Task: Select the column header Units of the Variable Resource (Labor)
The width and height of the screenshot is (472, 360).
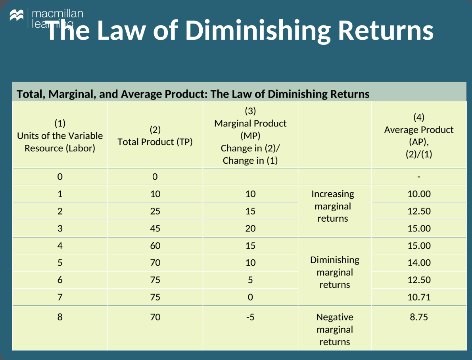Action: tap(60, 136)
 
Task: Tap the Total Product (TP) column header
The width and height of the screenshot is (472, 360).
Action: tap(155, 142)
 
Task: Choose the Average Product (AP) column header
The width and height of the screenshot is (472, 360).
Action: tap(419, 136)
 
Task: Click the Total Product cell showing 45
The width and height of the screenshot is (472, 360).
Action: tap(155, 228)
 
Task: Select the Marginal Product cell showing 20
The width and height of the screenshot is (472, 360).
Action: tap(250, 228)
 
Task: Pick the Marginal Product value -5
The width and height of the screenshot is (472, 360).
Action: tap(250, 317)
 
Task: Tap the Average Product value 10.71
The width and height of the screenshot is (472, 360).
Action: tap(419, 297)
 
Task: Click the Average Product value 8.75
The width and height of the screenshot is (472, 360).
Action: tap(419, 317)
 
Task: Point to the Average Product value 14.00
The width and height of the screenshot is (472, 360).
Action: tap(419, 262)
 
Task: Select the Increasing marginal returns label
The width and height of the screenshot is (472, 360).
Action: tap(333, 206)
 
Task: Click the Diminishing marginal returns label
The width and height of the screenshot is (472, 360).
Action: tap(335, 272)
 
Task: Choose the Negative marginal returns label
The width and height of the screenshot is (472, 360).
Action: tap(335, 329)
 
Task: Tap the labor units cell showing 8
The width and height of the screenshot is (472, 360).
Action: tap(60, 317)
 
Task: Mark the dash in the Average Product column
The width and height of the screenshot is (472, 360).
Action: tap(419, 176)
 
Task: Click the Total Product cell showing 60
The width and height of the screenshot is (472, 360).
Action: tap(155, 246)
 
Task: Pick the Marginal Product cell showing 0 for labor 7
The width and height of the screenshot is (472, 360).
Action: tap(250, 297)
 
